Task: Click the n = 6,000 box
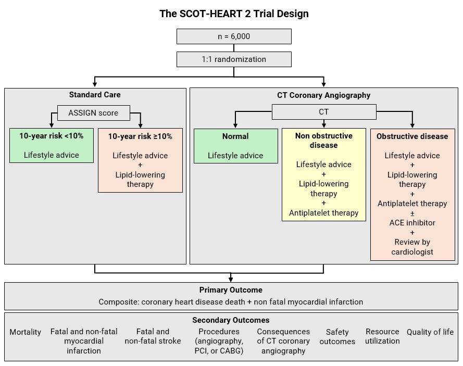(234, 36)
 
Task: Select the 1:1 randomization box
(234, 59)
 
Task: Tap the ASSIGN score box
(93, 112)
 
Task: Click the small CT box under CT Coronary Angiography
(323, 112)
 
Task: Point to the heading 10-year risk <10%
(52, 136)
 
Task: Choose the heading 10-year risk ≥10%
(140, 136)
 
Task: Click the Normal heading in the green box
(235, 136)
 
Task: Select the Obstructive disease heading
(412, 136)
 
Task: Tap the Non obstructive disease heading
(323, 141)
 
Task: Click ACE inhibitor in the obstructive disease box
(412, 223)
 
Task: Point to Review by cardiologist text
(412, 247)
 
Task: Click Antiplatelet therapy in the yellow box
(323, 213)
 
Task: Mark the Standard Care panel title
(95, 95)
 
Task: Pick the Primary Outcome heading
(231, 290)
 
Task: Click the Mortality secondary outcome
(25, 332)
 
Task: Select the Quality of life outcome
(430, 332)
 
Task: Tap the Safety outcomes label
(337, 337)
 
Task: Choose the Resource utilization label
(382, 336)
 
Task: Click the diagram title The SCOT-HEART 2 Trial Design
(234, 14)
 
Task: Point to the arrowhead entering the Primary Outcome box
(231, 280)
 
